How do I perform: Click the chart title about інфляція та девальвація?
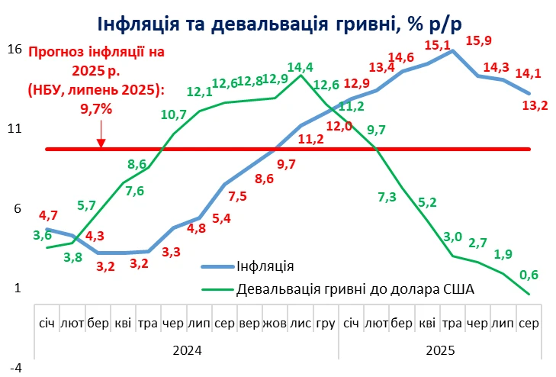(278, 25)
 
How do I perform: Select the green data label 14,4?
(300, 66)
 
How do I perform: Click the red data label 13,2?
(533, 106)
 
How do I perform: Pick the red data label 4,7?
(49, 215)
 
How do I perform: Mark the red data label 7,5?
(236, 197)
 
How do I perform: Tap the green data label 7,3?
(387, 197)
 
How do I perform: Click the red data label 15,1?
(437, 46)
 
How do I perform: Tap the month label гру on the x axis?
(326, 323)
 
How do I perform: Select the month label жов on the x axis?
(275, 323)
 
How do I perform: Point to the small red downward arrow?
(101, 140)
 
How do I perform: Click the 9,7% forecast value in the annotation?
(96, 108)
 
